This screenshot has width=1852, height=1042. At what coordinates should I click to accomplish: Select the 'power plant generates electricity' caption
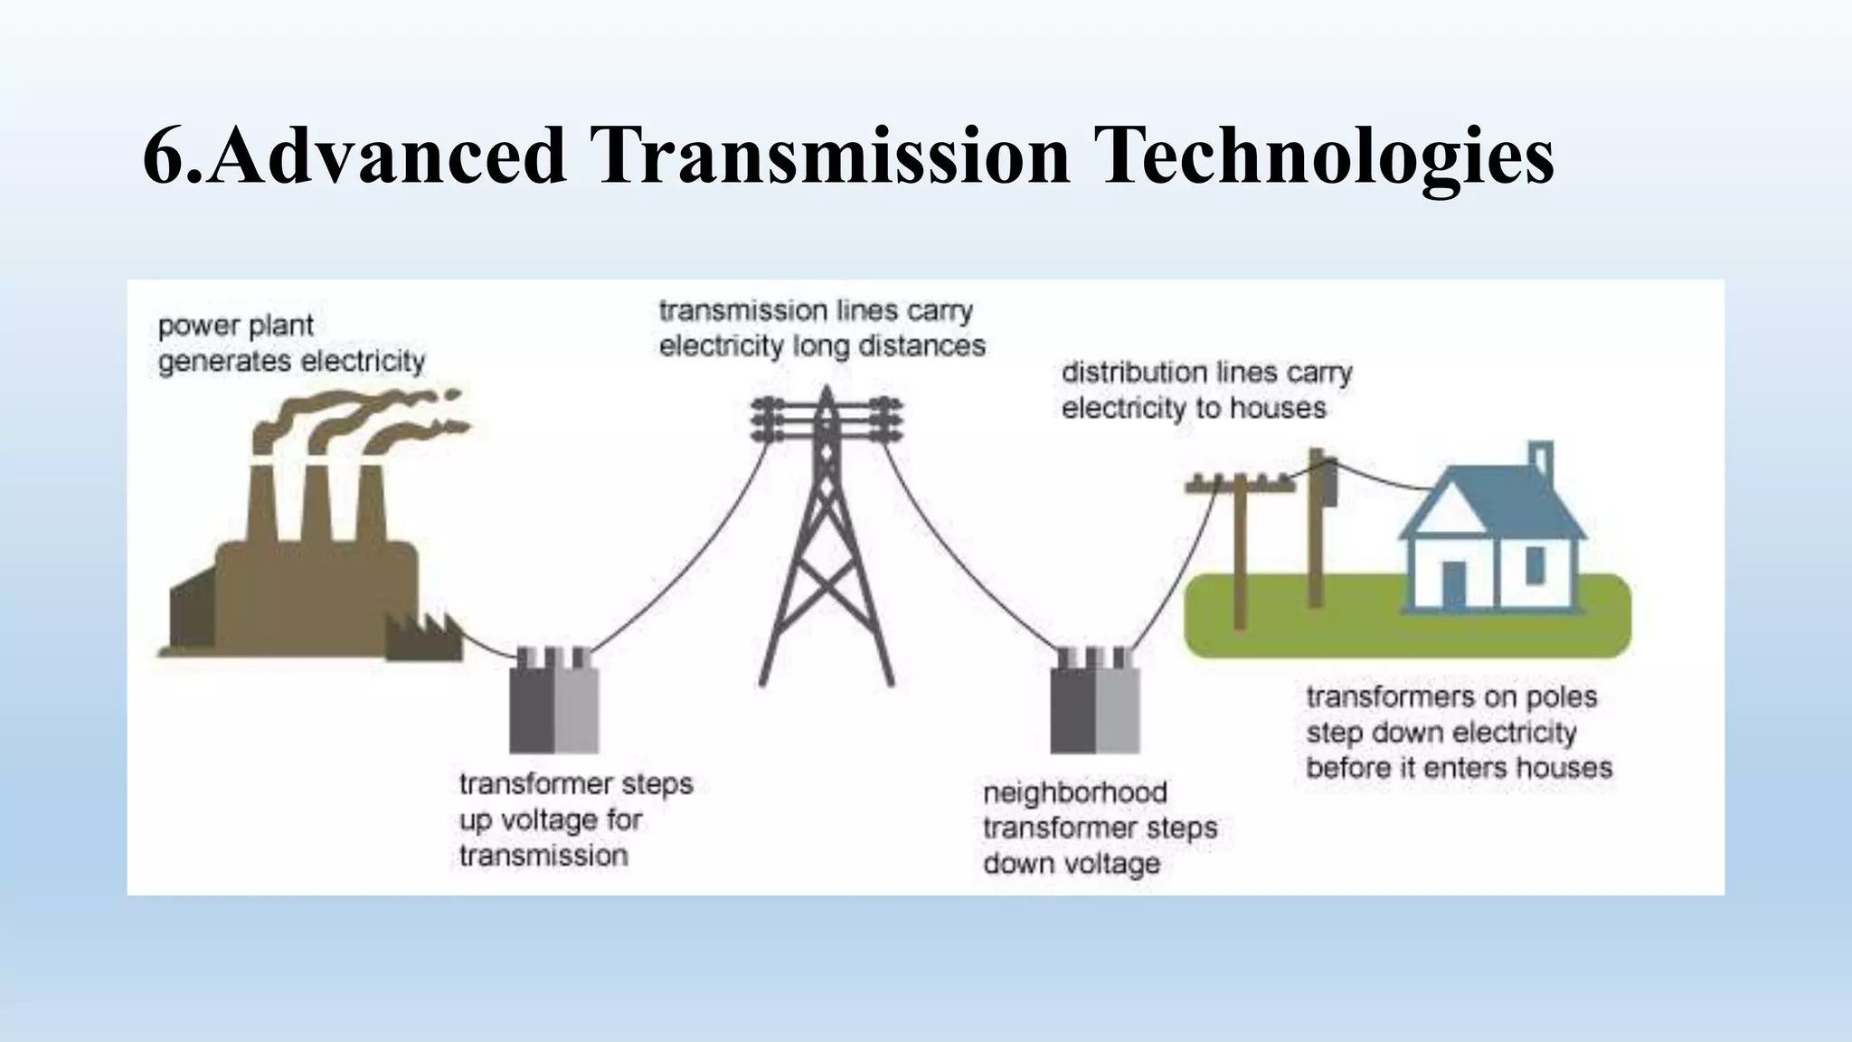tap(291, 344)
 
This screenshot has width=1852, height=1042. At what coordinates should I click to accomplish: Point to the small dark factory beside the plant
tap(423, 638)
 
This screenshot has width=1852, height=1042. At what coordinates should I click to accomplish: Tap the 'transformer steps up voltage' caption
tap(575, 819)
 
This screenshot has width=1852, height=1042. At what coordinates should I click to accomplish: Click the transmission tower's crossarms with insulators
tap(826, 421)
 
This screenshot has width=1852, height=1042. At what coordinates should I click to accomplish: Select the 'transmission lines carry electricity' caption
tap(821, 328)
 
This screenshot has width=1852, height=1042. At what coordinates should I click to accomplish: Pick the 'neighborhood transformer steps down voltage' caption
tap(1099, 828)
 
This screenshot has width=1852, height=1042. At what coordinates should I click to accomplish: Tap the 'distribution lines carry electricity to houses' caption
tap(1206, 390)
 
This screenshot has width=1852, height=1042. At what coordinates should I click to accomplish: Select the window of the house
tap(1535, 564)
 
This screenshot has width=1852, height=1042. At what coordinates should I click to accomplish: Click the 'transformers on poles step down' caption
tap(1458, 732)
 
